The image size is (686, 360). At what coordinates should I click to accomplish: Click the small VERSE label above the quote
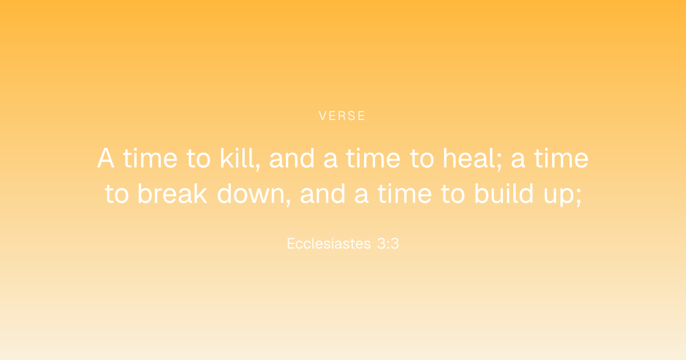click(x=342, y=115)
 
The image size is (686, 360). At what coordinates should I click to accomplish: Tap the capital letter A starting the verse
click(x=106, y=158)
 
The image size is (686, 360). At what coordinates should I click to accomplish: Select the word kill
click(x=239, y=158)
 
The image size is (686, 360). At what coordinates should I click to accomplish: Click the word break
click(x=173, y=194)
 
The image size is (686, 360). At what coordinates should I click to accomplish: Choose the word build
click(x=504, y=194)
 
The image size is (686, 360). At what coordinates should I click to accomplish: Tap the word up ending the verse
click(x=560, y=196)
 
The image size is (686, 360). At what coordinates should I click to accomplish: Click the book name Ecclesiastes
click(x=329, y=243)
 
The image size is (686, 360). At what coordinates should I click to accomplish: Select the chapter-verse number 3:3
click(x=388, y=243)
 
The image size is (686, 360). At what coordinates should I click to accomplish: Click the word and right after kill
click(x=292, y=158)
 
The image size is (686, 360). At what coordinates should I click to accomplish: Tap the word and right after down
click(x=323, y=194)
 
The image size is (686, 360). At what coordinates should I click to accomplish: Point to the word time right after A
click(x=150, y=158)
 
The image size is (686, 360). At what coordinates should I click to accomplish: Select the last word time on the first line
click(x=561, y=158)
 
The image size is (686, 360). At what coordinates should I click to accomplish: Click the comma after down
click(x=288, y=202)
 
